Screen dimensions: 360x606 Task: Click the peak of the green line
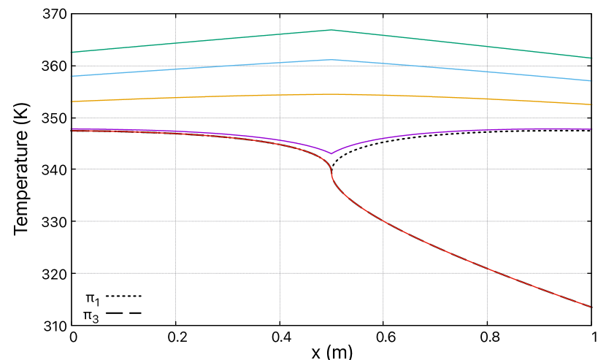331,30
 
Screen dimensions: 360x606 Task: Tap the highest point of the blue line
331,60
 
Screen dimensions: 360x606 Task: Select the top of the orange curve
331,94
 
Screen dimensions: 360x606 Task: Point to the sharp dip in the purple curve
331,153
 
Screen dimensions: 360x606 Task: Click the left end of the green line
71,53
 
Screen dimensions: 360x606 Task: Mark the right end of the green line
591,58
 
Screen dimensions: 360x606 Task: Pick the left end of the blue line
71,76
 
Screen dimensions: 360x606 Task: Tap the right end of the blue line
591,81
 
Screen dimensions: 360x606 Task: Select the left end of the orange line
71,102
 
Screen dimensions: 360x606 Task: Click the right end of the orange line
591,104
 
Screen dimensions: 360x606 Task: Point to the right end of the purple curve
591,129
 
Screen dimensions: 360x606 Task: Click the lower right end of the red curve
591,307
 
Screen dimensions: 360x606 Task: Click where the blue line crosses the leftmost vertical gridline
175,69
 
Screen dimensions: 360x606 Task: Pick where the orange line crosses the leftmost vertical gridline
175,97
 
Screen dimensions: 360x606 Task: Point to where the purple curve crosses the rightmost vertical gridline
487,130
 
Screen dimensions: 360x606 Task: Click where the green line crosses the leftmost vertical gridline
175,43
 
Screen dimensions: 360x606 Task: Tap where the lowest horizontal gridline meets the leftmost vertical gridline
175,273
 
